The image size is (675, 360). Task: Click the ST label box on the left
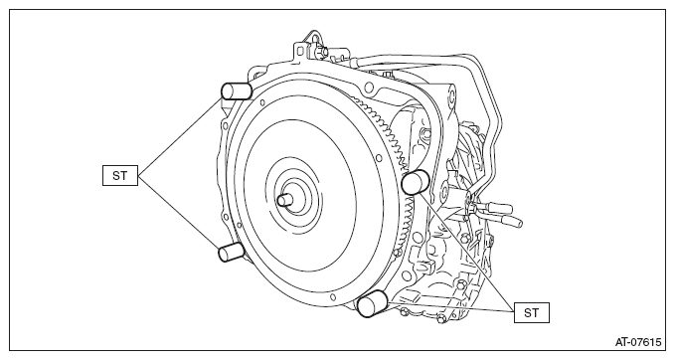click(x=120, y=175)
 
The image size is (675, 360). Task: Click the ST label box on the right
click(x=532, y=312)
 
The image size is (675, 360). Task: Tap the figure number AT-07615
click(x=637, y=342)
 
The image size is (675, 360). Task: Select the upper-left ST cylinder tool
click(x=237, y=91)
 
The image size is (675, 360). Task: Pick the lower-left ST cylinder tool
click(x=232, y=252)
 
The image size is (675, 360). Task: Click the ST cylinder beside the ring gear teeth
click(x=416, y=182)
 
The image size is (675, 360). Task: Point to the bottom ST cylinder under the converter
click(x=373, y=303)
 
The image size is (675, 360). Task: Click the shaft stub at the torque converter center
click(x=286, y=199)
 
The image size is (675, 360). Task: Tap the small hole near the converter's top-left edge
click(x=261, y=102)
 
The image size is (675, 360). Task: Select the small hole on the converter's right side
click(x=379, y=158)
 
